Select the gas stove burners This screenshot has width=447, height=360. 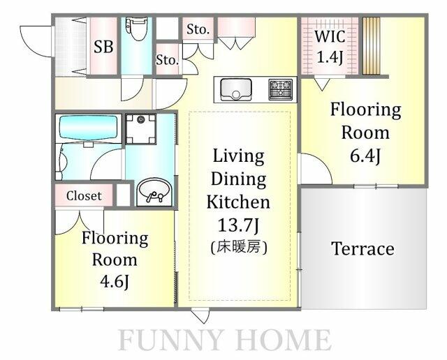[281, 89]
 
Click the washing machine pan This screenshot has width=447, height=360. [141, 129]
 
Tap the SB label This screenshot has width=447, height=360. [103, 47]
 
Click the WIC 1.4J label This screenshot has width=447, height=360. [330, 47]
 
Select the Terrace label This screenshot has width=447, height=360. [363, 249]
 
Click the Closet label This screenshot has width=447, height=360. [84, 196]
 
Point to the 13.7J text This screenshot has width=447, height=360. [238, 225]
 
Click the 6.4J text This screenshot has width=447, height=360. [365, 156]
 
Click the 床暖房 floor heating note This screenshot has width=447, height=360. [239, 247]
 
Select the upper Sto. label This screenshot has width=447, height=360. [198, 29]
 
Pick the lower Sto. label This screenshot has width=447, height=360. [167, 61]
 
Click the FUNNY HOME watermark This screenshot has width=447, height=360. [225, 340]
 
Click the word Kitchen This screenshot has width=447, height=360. [238, 202]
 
